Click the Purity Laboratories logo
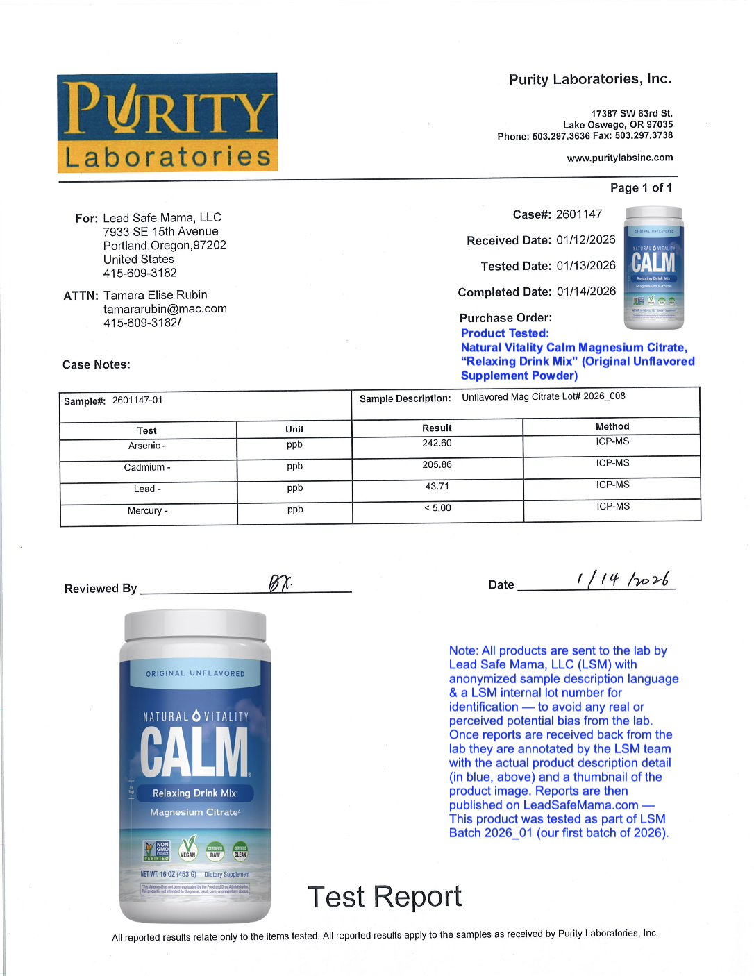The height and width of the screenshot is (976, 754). (167, 123)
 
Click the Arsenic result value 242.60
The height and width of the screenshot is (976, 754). (437, 444)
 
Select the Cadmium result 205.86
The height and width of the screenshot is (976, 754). (437, 465)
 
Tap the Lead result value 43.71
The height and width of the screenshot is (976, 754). (437, 487)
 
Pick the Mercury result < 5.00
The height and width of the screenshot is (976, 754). (437, 508)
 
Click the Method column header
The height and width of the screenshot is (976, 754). (612, 426)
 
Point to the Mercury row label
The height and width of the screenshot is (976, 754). (147, 511)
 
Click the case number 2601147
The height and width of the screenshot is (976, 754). (578, 214)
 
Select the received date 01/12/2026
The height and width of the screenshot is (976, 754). (585, 240)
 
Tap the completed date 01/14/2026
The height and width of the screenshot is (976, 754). (586, 292)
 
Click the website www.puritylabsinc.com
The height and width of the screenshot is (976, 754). (619, 158)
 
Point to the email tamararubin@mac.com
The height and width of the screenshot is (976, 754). (165, 309)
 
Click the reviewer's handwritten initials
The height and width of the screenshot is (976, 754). (279, 584)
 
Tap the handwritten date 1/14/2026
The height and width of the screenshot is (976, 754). (623, 579)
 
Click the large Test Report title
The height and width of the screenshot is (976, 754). (384, 897)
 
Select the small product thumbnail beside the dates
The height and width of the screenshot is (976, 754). (653, 268)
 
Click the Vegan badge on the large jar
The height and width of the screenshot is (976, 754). (188, 848)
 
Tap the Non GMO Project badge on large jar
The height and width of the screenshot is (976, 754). (157, 850)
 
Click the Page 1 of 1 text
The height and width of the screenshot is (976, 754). (641, 188)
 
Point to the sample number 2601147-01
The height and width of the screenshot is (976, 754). (137, 401)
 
